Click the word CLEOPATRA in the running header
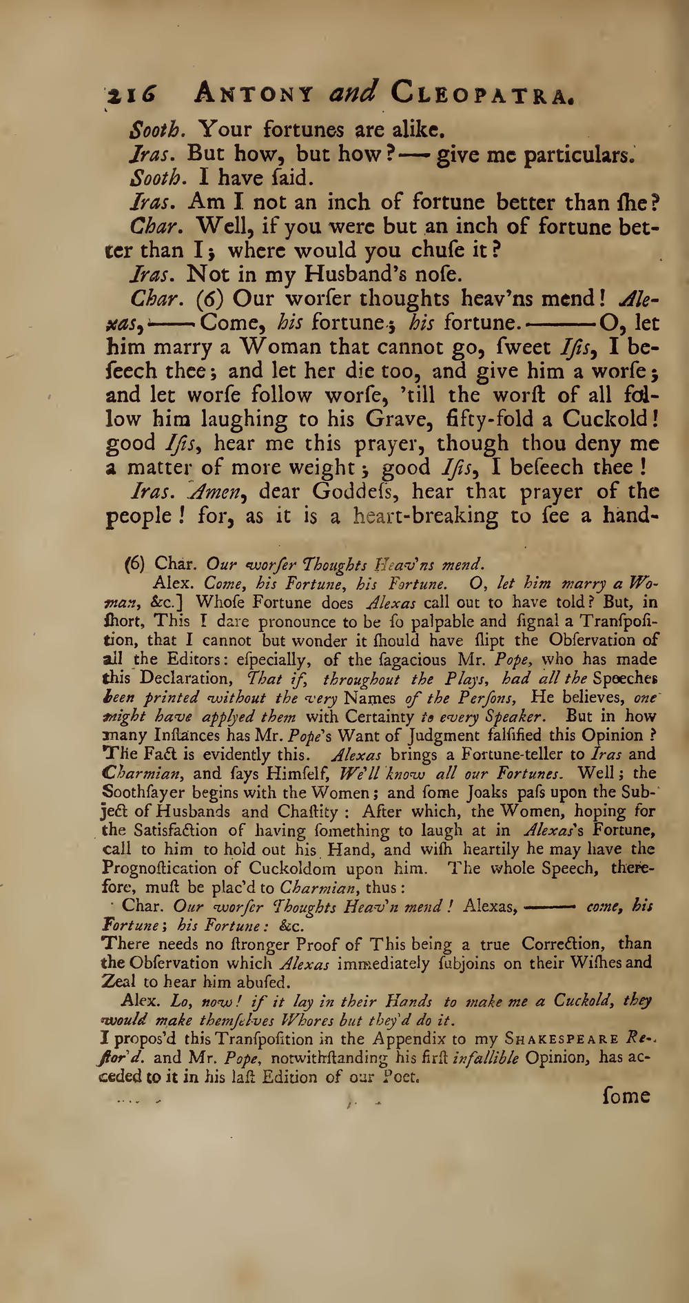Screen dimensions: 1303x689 point(482,93)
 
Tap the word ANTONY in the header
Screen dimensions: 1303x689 point(254,93)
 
